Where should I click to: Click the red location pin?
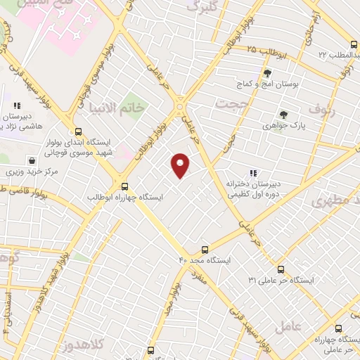click(x=181, y=166)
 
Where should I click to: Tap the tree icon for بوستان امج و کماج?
click(x=266, y=73)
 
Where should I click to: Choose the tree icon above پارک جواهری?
click(x=283, y=115)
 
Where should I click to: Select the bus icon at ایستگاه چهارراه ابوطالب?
click(x=124, y=186)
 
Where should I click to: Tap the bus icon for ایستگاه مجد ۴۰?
click(x=205, y=249)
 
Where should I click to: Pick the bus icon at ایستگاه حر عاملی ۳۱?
click(x=281, y=269)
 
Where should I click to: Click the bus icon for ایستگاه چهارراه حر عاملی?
click(x=338, y=328)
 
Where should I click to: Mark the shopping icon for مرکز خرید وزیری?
click(x=30, y=160)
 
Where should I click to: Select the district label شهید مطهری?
click(x=339, y=199)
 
